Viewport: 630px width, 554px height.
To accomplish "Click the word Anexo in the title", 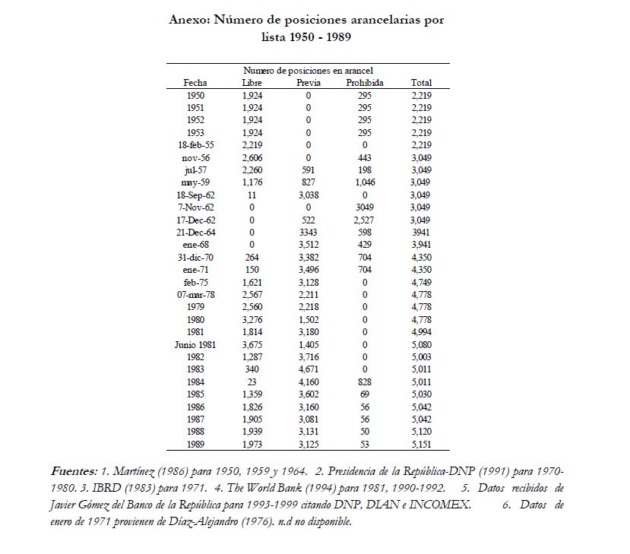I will coord(189,20).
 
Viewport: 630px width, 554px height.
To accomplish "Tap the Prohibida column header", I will coord(364,82).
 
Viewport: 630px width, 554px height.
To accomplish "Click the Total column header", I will coord(421,82).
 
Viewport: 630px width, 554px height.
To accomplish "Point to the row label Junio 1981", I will coord(196,343).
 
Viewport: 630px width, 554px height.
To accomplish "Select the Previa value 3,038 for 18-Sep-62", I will coord(309,195).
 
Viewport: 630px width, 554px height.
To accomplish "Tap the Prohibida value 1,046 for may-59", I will coord(365,182).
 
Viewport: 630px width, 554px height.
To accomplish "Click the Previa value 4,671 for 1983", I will coord(309,369).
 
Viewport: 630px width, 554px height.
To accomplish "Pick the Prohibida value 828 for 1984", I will coord(365,381).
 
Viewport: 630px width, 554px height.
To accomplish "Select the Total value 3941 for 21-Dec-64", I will coord(421,232).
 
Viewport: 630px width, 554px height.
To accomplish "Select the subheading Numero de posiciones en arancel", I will coord(308,70).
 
